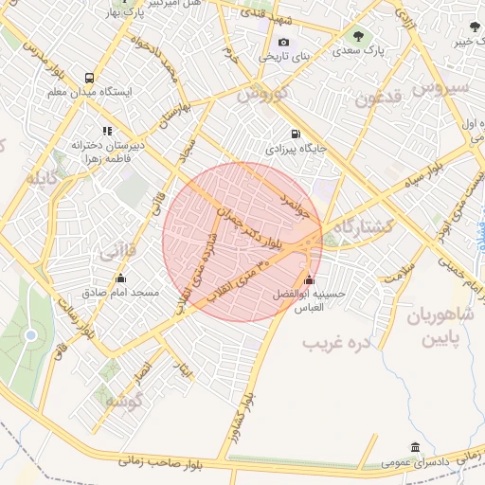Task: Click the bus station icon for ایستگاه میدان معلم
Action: pyautogui.click(x=89, y=78)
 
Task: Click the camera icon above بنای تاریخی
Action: pyautogui.click(x=283, y=43)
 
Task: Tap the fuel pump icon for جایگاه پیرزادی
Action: pyautogui.click(x=296, y=134)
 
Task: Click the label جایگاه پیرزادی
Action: pyautogui.click(x=296, y=149)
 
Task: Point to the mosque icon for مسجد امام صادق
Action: pyautogui.click(x=120, y=278)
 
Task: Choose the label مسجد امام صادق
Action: pyautogui.click(x=120, y=293)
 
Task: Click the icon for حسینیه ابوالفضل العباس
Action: pyautogui.click(x=309, y=279)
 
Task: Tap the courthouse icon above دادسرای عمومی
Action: pyautogui.click(x=415, y=447)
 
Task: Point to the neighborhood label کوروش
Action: pyautogui.click(x=260, y=95)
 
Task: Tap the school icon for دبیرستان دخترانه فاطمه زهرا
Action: pyautogui.click(x=106, y=131)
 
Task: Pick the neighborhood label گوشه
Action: pyautogui.click(x=123, y=401)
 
